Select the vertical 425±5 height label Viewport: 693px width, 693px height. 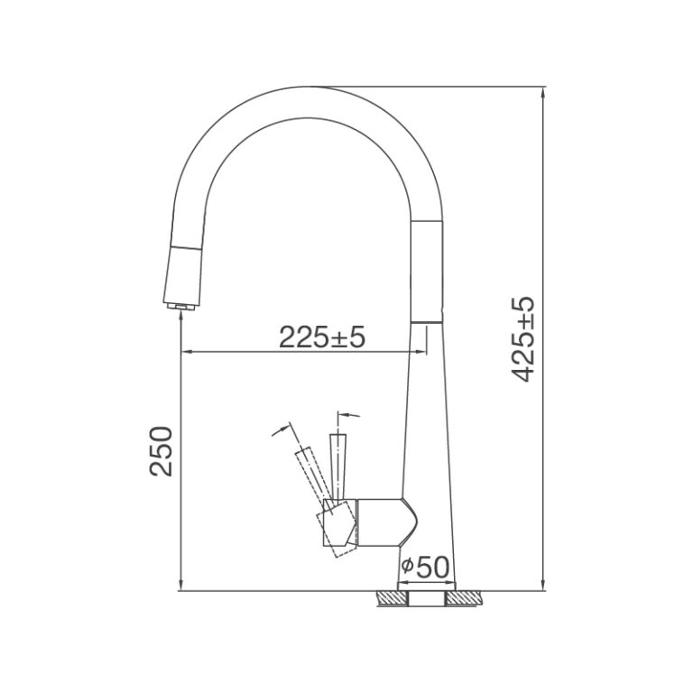point(524,338)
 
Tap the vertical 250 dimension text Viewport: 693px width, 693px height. point(161,451)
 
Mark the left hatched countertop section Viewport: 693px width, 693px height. point(391,597)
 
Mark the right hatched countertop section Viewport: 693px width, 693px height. point(467,597)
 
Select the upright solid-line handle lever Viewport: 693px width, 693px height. point(338,465)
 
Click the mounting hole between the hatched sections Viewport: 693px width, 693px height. point(429,598)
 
